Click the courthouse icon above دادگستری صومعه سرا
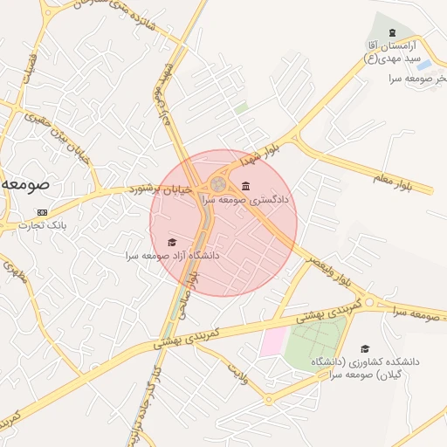click(245, 185)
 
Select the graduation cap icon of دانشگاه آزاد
click(172, 242)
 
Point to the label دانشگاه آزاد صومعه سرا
click(172, 256)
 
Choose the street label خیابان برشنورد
click(160, 187)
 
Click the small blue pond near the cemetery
click(424, 65)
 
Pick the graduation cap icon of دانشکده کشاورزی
click(364, 348)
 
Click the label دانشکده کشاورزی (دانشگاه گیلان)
click(365, 367)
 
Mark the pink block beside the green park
click(272, 341)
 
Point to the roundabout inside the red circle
click(216, 185)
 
